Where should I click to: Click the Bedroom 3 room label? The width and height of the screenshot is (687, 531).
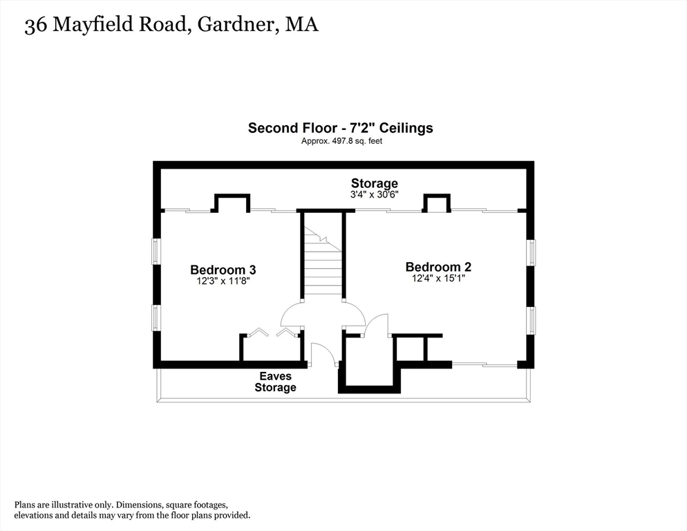coord(223,270)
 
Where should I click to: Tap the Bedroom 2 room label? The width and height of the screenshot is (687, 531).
coord(438,267)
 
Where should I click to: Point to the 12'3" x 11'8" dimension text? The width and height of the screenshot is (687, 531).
coord(223,281)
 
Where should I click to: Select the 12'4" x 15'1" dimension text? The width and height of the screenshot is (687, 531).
coord(438,279)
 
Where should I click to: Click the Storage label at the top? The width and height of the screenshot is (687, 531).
coord(374,183)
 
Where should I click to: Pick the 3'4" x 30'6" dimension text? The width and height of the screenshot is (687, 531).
coord(374,195)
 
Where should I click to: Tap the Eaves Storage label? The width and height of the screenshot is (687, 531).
coord(275,382)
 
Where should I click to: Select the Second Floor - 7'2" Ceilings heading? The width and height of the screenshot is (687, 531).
coord(340,128)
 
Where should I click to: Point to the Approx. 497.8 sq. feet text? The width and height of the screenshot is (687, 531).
coord(341,141)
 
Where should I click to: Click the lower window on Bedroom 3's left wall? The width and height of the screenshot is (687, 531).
coord(156,317)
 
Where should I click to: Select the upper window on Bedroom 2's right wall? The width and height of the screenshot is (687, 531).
coord(531,252)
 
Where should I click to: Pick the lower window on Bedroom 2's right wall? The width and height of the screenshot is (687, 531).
coord(531,320)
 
